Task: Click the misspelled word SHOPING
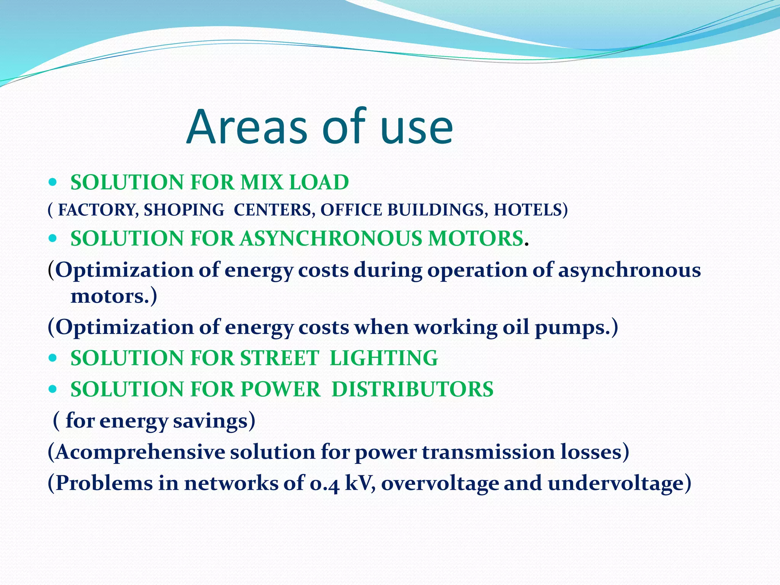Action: tap(184, 210)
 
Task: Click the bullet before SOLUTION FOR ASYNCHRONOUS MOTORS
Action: tap(53, 239)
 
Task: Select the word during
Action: tap(388, 270)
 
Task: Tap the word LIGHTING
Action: tap(384, 358)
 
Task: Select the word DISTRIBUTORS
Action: tap(412, 390)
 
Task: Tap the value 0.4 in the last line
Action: tap(324, 484)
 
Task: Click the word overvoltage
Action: tap(440, 484)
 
